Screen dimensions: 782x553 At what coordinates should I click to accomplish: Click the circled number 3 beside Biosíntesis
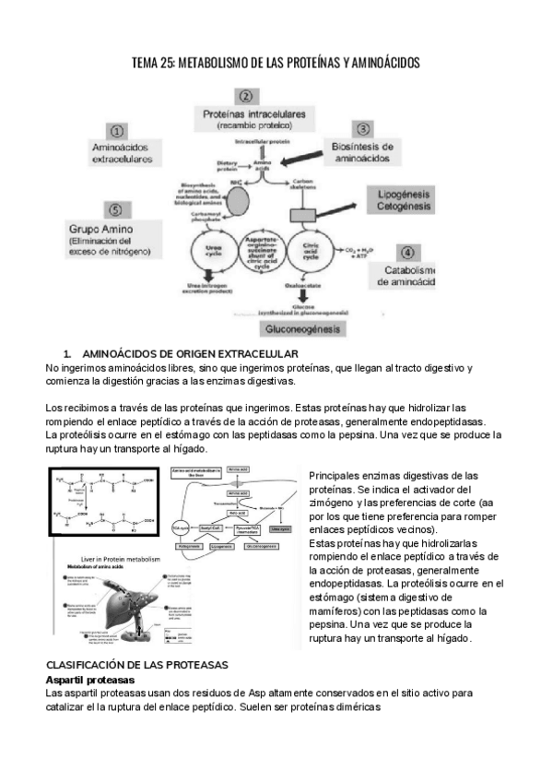[363, 128]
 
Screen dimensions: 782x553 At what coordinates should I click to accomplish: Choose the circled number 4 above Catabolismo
[407, 251]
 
